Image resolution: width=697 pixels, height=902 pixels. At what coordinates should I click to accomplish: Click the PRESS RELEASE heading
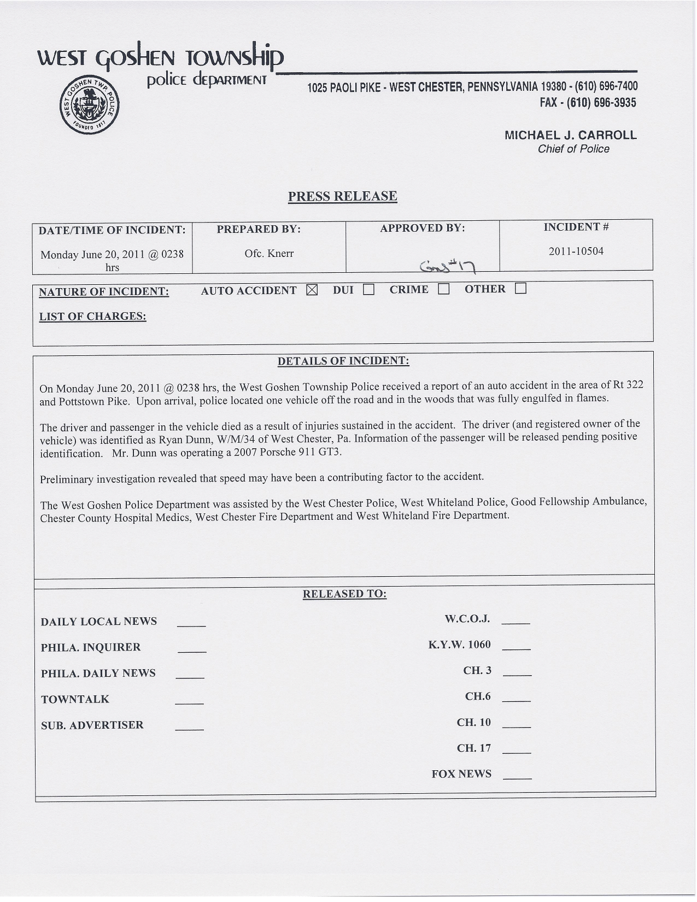pyautogui.click(x=343, y=196)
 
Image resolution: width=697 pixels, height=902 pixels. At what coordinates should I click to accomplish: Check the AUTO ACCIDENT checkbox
pyautogui.click(x=312, y=290)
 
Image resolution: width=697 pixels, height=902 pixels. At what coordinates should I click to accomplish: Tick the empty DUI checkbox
pyautogui.click(x=368, y=290)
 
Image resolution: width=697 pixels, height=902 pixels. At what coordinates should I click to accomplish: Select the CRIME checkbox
pyautogui.click(x=443, y=289)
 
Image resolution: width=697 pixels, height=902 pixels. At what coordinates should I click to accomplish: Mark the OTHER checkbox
pyautogui.click(x=520, y=289)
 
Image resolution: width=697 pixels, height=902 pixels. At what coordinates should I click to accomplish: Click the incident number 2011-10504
pyautogui.click(x=576, y=251)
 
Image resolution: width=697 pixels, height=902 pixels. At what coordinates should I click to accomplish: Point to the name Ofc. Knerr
pyautogui.click(x=269, y=254)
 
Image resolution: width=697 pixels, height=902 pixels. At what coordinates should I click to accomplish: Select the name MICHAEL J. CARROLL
pyautogui.click(x=570, y=135)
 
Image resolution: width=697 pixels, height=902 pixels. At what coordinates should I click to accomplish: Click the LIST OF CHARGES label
pyautogui.click(x=92, y=317)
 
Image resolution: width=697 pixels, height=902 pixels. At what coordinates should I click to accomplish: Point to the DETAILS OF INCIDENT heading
pyautogui.click(x=343, y=361)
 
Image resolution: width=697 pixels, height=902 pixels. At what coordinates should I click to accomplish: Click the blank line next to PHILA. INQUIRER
pyautogui.click(x=192, y=651)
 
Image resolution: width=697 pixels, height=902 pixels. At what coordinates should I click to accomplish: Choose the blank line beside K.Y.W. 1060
pyautogui.click(x=516, y=648)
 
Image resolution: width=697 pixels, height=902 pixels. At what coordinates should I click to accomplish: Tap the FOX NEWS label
pyautogui.click(x=461, y=774)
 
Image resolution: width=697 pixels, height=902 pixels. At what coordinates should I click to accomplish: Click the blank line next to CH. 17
pyautogui.click(x=517, y=752)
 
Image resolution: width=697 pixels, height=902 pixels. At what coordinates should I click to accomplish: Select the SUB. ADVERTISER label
pyautogui.click(x=92, y=725)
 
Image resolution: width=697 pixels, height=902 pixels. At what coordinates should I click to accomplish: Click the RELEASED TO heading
pyautogui.click(x=344, y=594)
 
